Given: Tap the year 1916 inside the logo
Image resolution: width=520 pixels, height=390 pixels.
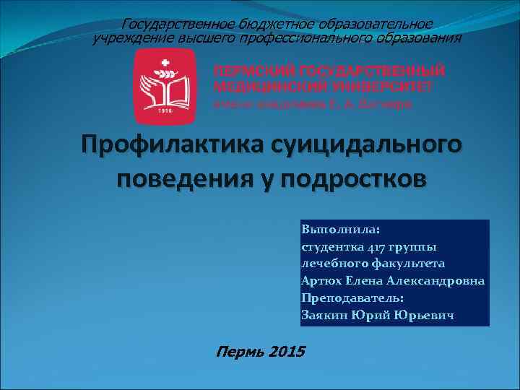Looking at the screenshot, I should (x=166, y=110).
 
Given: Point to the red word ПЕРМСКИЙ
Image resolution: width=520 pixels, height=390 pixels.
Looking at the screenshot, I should (x=253, y=72).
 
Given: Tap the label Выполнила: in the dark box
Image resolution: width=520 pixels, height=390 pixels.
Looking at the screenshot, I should (x=335, y=230).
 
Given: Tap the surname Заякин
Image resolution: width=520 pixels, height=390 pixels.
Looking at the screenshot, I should (x=323, y=315).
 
